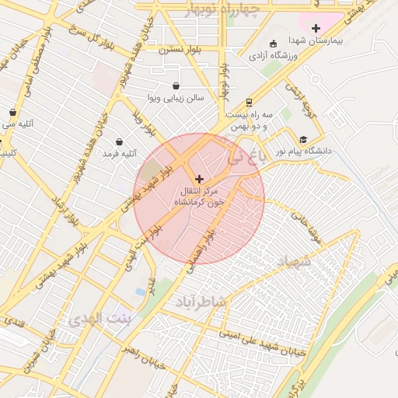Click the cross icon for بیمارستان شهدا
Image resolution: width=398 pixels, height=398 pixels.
(x=316, y=28)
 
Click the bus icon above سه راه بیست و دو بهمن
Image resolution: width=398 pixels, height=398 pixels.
(x=248, y=102)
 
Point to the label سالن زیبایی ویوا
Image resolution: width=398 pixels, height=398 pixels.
(x=176, y=99)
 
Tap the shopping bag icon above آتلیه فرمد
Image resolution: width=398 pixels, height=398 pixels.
(x=119, y=141)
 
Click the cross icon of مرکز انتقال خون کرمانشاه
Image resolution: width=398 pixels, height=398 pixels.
(x=199, y=179)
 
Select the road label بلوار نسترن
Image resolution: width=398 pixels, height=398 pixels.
(x=180, y=49)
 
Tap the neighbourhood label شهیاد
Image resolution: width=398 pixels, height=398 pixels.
(x=293, y=262)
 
